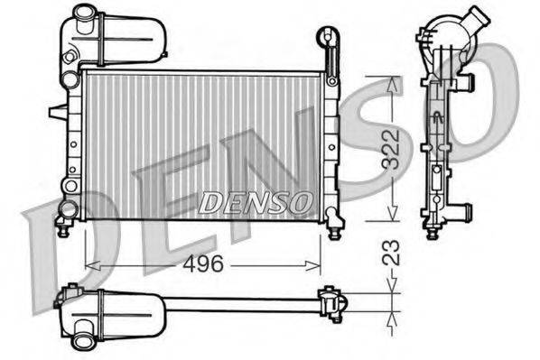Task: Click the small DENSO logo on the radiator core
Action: [256, 204]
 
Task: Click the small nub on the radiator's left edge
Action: [56, 112]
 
